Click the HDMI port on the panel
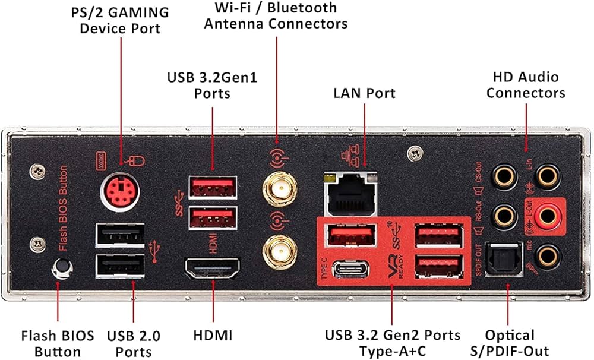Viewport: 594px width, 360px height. coord(213,270)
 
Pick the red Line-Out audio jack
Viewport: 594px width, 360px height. coord(546,216)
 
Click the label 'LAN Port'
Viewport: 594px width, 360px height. coord(364,93)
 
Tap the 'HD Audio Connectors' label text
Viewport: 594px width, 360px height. coord(526,84)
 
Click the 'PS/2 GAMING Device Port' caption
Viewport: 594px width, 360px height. coord(120,20)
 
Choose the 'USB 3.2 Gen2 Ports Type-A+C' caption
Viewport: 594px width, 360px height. coord(393,343)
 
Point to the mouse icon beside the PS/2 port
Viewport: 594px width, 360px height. coord(138,160)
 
